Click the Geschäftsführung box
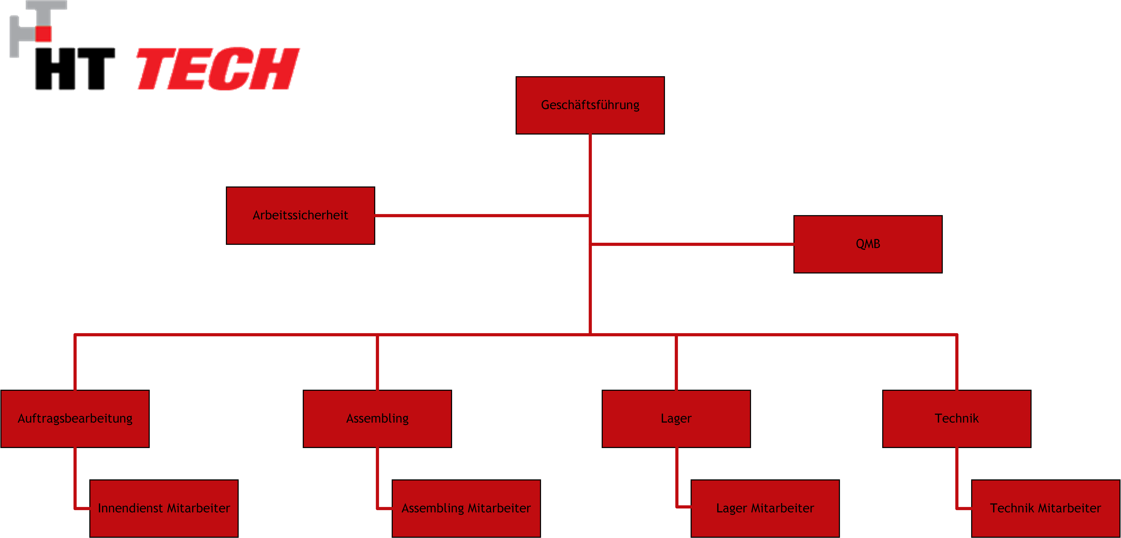coord(590,105)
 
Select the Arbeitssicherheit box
coord(300,215)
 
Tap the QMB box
coord(868,244)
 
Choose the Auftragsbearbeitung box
coord(75,419)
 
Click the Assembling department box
coord(377,419)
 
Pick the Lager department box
coord(676,419)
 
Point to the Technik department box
coord(957,419)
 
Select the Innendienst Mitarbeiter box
coord(164,508)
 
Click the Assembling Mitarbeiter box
coord(466,508)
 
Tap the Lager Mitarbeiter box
coord(765,508)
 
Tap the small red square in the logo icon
coord(44,33)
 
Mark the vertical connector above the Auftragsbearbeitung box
coord(75,362)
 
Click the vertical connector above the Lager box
coord(676,362)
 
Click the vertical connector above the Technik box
coord(957,362)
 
